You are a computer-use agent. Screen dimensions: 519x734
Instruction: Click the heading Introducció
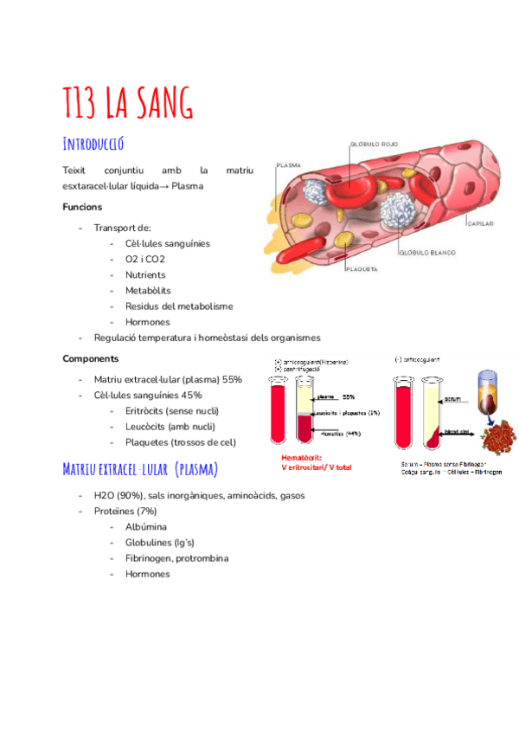point(99,142)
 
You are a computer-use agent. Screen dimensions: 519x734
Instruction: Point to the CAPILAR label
point(479,223)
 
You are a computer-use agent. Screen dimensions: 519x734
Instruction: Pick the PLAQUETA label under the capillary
point(361,269)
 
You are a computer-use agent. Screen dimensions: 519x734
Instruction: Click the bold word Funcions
point(82,208)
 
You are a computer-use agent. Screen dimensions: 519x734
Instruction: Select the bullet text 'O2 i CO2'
point(144,260)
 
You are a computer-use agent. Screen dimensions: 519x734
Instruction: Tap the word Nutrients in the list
point(145,275)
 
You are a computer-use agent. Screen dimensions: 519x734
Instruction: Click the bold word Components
point(91,358)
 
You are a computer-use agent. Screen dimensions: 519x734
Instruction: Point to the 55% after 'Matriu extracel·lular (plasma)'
point(232,379)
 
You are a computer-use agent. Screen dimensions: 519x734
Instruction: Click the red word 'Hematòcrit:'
point(301,457)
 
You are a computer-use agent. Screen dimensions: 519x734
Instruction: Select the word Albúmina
point(146,526)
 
